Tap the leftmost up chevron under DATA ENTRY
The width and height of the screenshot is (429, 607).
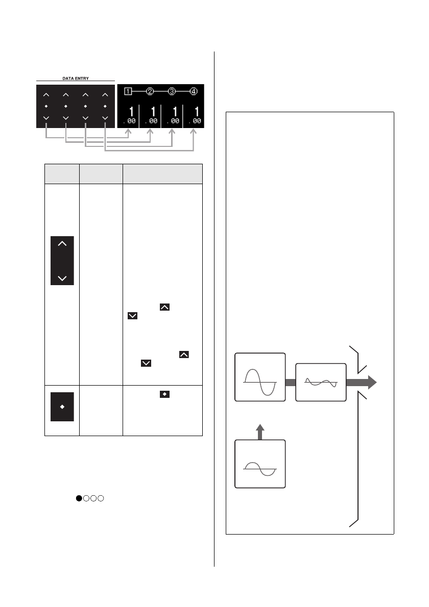pos(46,95)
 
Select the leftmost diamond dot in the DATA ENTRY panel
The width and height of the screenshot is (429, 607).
pos(46,106)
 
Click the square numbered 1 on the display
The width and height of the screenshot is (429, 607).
pos(128,92)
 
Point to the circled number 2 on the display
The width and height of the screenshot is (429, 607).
pos(150,92)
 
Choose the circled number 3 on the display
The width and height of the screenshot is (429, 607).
pos(172,92)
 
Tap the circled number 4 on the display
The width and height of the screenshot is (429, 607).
pos(194,92)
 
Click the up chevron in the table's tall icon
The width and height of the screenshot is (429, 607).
pos(63,245)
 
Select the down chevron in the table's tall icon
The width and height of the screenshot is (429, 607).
pos(63,278)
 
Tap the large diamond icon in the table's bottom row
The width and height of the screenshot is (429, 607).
pos(63,407)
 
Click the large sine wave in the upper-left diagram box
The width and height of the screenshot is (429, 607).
pos(260,382)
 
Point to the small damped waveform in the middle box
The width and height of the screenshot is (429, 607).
pos(321,382)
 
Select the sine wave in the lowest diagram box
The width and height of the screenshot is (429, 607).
pos(260,468)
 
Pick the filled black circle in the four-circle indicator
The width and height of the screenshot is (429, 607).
pos(79,498)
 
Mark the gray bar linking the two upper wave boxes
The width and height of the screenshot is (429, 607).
pos(291,382)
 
